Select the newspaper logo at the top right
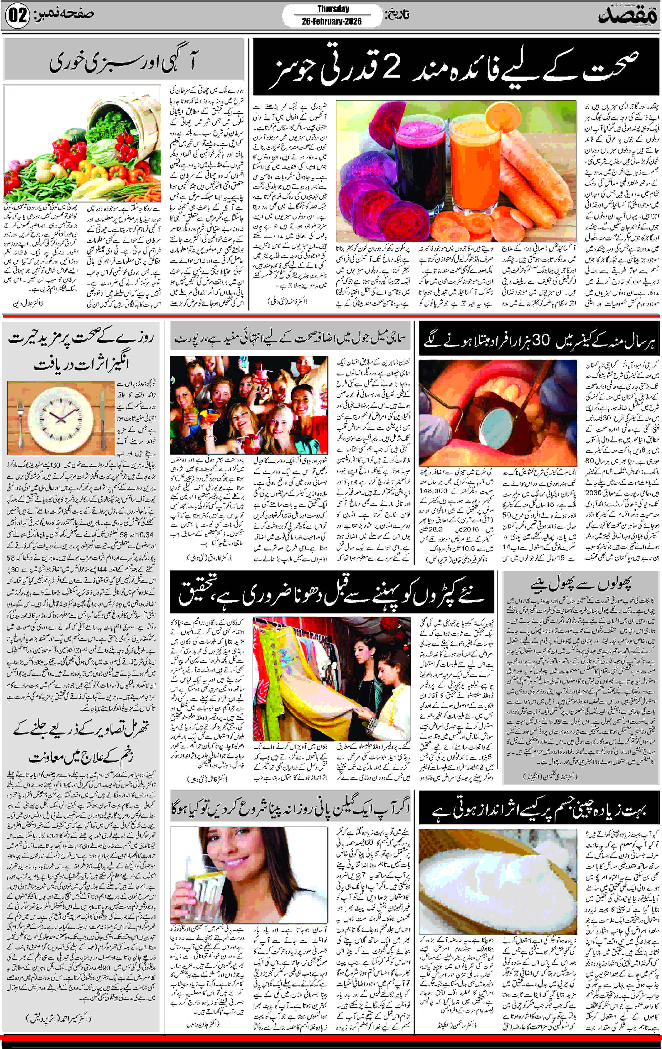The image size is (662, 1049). click(628, 16)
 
